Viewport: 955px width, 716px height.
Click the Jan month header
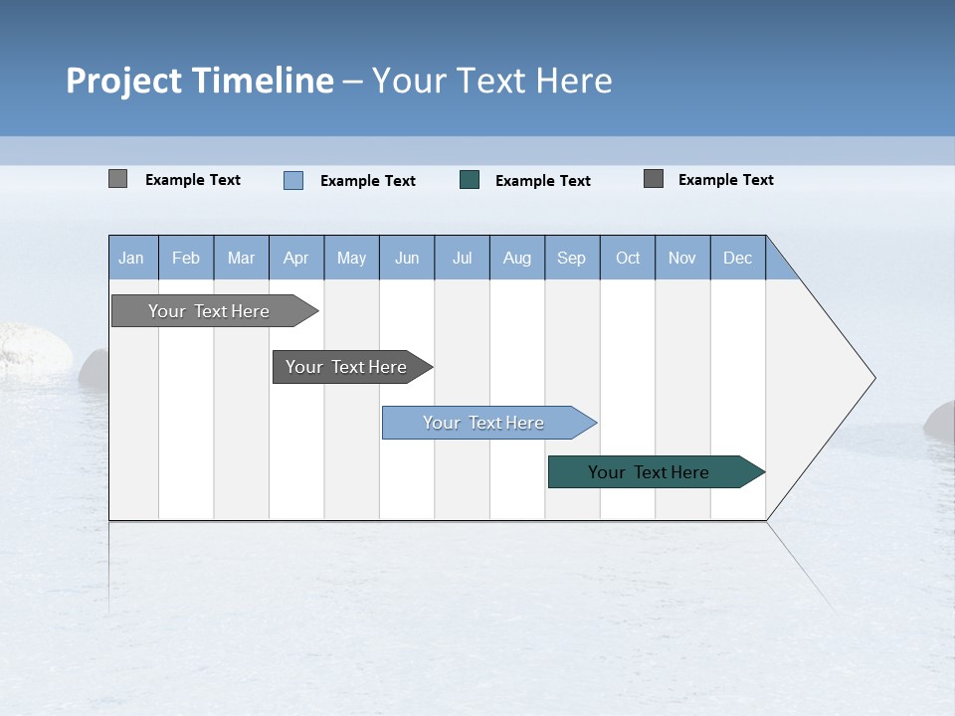132,258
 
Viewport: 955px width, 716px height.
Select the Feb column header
186,258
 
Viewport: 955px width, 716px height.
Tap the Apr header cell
296,258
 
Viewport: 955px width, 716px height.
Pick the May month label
351,258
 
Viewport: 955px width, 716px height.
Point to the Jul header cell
462,258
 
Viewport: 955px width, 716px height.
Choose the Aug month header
517,258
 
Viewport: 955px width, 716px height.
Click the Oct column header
628,258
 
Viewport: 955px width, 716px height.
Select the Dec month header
738,258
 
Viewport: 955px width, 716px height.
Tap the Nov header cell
682,258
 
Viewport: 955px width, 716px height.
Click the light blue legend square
293,180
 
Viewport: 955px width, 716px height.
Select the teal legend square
470,180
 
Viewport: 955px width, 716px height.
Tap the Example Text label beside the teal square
543,181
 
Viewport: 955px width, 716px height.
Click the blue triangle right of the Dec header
779,266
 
